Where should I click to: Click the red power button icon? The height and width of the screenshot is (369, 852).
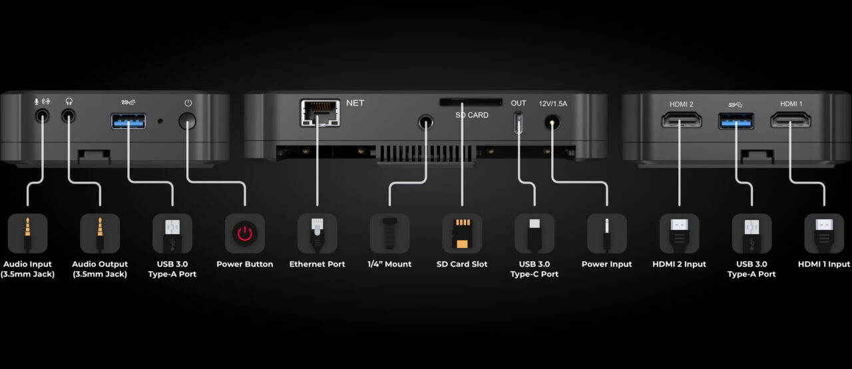[x=244, y=233]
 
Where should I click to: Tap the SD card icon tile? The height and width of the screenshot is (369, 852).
[x=462, y=233]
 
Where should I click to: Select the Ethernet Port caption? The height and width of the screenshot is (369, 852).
[x=318, y=264]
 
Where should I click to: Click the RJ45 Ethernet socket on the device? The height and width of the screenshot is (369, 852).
[x=320, y=113]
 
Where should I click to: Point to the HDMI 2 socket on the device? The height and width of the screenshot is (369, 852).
[x=682, y=120]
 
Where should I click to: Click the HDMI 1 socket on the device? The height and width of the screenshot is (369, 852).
[x=791, y=120]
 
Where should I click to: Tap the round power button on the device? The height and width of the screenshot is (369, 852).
[x=187, y=122]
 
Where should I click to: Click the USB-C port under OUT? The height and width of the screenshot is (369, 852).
[x=518, y=123]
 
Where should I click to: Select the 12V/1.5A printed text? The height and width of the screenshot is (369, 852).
[x=552, y=104]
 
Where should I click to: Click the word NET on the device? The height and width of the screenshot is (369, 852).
[x=355, y=103]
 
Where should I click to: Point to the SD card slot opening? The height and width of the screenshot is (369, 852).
[x=471, y=102]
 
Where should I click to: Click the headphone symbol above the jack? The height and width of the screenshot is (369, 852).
[x=69, y=102]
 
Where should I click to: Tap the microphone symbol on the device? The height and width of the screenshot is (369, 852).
[x=37, y=102]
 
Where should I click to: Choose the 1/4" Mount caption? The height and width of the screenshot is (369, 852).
[x=389, y=264]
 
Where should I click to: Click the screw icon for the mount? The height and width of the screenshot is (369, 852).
[x=389, y=233]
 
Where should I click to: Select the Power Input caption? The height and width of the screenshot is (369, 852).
[x=606, y=264]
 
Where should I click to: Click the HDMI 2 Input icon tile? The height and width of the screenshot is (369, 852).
[x=680, y=233]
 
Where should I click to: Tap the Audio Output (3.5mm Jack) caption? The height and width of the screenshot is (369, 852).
[x=100, y=269]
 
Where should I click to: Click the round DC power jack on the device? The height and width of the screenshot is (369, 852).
[x=552, y=123]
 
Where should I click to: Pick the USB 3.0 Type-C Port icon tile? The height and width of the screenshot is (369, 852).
[x=534, y=233]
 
